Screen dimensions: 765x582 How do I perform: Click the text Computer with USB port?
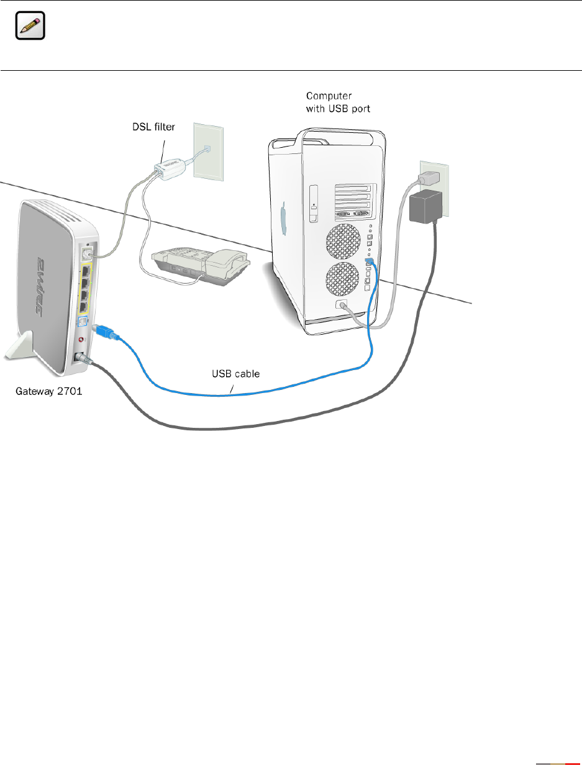coord(338,102)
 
